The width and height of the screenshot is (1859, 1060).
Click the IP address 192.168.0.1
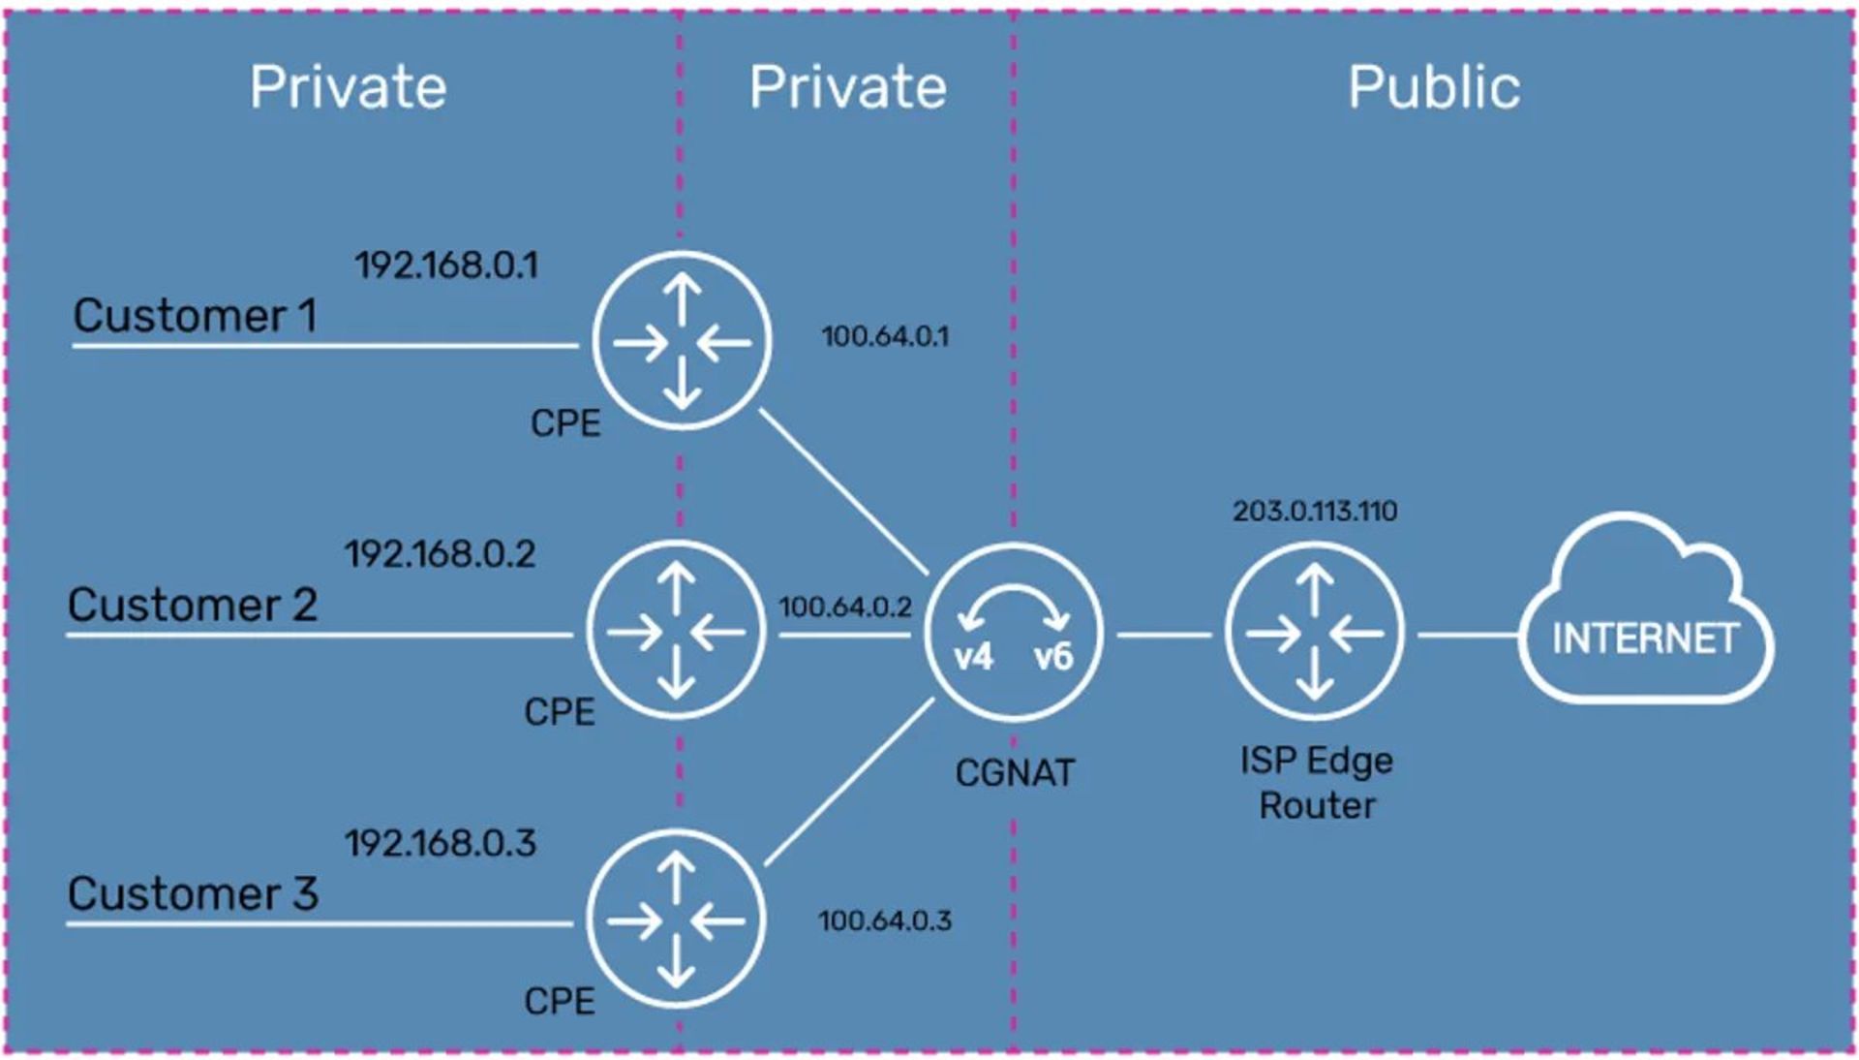coord(446,265)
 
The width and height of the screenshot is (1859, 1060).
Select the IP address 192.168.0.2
coord(441,554)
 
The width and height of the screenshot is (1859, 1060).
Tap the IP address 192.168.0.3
coord(441,843)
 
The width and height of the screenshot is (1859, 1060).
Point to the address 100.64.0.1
coord(885,337)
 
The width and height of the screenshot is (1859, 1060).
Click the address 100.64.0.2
coord(845,608)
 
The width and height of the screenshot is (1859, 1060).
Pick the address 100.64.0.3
coord(885,920)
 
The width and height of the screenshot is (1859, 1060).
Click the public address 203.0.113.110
coord(1315,511)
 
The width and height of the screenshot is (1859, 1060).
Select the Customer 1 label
coord(195,316)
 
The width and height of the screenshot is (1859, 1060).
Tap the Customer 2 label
coord(192,605)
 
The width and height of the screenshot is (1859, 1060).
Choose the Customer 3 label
coord(192,893)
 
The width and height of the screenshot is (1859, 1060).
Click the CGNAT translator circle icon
coord(1014,633)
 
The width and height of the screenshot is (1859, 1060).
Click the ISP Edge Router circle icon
coord(1315,633)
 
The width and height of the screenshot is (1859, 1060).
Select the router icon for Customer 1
coord(682,341)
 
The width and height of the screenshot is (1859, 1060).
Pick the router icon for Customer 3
coord(676,920)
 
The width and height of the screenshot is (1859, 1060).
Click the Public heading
coord(1434,87)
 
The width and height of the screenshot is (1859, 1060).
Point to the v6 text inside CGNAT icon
coord(1053,657)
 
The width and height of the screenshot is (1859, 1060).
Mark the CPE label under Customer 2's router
coord(559,712)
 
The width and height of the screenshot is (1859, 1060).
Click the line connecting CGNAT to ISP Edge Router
coord(1164,636)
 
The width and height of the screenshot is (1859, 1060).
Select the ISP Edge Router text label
coord(1317,783)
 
